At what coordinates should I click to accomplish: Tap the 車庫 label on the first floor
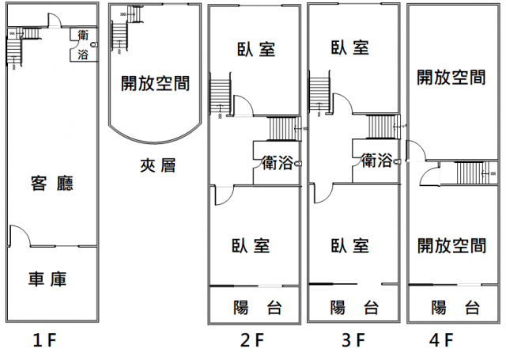[47, 279]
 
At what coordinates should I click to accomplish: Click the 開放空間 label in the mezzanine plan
[155, 83]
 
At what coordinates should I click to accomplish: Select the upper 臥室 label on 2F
[256, 48]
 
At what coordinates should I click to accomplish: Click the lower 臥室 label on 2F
[252, 245]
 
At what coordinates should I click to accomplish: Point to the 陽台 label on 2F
[258, 307]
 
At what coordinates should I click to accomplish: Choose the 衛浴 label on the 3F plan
[376, 161]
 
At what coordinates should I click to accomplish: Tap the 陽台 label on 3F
[353, 307]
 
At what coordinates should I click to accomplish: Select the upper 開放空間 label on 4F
[451, 78]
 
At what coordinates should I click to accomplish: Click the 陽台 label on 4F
[455, 307]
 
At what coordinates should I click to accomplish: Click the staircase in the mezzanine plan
[119, 32]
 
